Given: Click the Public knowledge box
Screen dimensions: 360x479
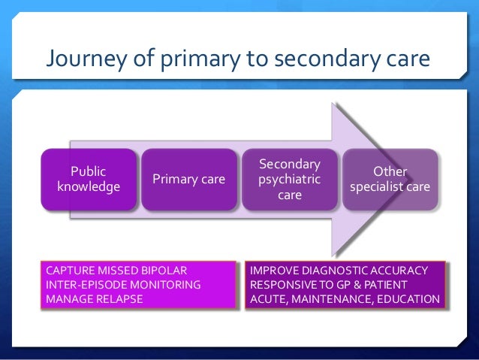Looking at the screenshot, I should pyautogui.click(x=89, y=179).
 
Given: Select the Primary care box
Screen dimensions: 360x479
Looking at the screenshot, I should pyautogui.click(x=188, y=179).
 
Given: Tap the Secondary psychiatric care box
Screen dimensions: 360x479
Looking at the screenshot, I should pyautogui.click(x=289, y=179).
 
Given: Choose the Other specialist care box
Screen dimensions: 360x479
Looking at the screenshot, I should pyautogui.click(x=390, y=179).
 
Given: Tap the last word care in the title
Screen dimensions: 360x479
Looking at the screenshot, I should pyautogui.click(x=408, y=59).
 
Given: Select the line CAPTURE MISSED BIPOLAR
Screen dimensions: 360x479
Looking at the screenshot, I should pyautogui.click(x=116, y=270).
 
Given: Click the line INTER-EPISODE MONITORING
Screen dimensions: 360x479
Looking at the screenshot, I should pyautogui.click(x=123, y=284).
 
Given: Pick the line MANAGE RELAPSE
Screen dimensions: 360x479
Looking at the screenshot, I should pyautogui.click(x=94, y=298).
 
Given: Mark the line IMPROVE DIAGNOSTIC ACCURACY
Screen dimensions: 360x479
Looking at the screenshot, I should pyautogui.click(x=339, y=270).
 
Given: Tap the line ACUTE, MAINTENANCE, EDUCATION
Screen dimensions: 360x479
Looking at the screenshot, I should pyautogui.click(x=345, y=298).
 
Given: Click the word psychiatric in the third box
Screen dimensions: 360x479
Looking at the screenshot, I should pyautogui.click(x=289, y=180).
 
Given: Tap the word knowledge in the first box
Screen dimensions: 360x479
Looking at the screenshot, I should pyautogui.click(x=89, y=186).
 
